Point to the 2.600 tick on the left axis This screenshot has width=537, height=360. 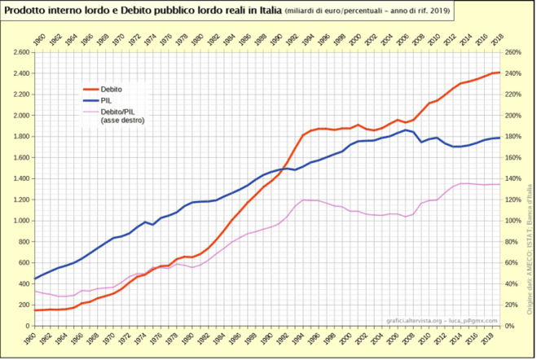point(19,52)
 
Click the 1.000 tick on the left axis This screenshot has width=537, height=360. point(19,221)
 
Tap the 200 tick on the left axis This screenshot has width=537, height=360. point(22,305)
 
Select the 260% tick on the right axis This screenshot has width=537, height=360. point(513,52)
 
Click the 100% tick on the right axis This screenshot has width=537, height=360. point(513,221)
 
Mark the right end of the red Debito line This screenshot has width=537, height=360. point(500,72)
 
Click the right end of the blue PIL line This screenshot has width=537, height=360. point(500,138)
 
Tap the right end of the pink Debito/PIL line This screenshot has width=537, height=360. point(500,184)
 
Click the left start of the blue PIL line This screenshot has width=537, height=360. point(34,279)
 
